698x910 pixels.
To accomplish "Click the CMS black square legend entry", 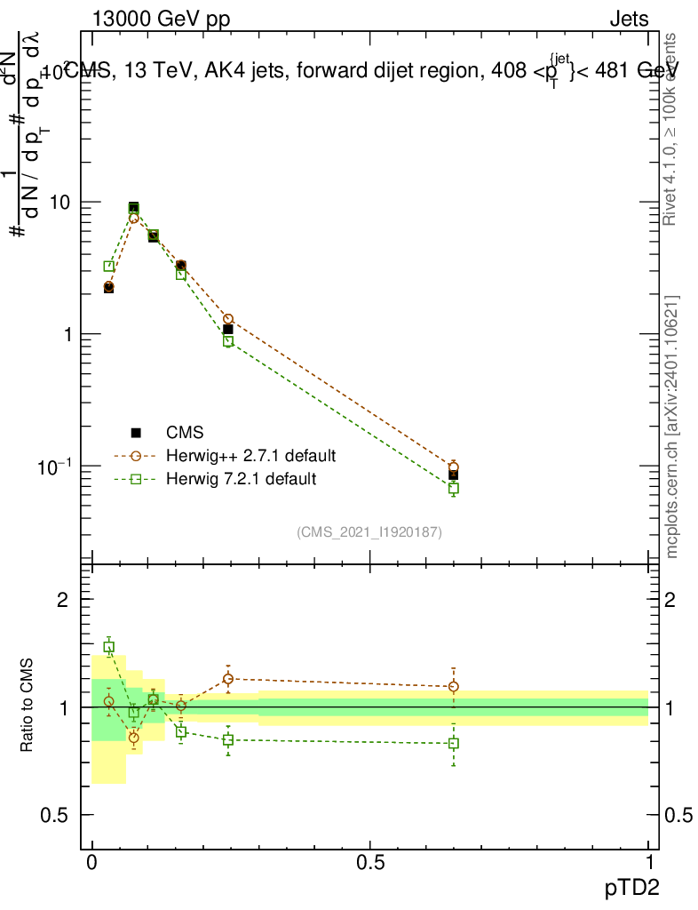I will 136,433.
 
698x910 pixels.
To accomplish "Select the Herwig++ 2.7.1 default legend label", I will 251,456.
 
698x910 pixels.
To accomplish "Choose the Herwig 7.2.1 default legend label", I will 241,479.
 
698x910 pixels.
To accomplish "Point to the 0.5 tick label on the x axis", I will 370,863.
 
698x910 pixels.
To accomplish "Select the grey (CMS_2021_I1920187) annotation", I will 369,531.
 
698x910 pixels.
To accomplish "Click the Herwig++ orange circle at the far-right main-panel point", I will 454,467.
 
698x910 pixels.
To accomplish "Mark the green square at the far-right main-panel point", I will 454,488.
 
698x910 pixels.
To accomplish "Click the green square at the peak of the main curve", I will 133,209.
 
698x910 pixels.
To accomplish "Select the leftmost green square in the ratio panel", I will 108,647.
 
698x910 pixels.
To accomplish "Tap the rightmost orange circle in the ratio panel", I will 454,686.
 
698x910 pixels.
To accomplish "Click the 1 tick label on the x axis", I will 648,863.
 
